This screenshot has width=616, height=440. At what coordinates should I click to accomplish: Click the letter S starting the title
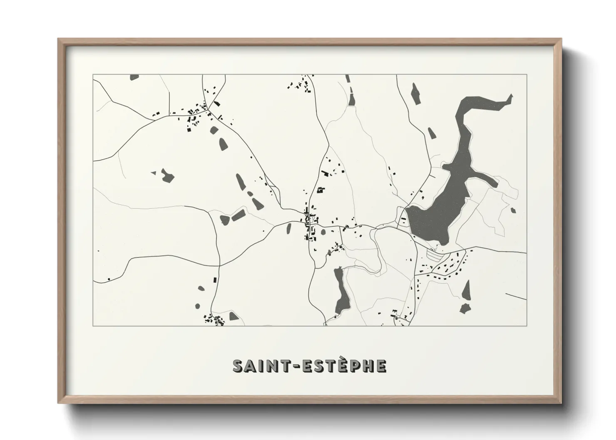tap(238, 366)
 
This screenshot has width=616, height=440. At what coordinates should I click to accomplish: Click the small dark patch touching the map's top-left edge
tap(134, 77)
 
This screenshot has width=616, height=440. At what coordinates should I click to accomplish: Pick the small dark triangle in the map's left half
tap(153, 172)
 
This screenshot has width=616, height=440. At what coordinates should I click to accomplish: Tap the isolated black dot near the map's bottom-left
tap(109, 279)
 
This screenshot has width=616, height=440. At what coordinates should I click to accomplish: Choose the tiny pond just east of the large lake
tap(513, 210)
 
